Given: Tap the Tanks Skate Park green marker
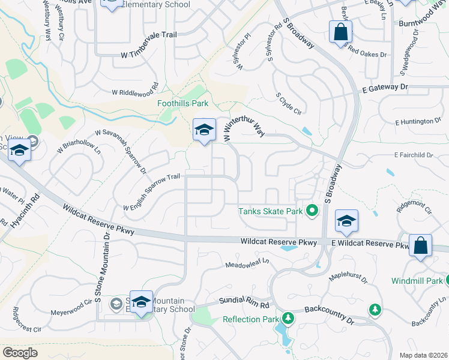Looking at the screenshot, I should tap(312, 211).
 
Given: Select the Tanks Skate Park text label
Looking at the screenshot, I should tap(270, 211).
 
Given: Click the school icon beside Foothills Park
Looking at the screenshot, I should tap(204, 130).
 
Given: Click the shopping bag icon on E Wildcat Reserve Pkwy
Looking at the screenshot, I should tap(421, 245).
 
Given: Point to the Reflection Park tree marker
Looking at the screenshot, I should tap(288, 317).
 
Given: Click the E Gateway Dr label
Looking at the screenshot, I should tap(385, 88).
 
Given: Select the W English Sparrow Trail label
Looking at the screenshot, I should tap(151, 192).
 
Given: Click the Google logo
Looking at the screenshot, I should tap(20, 352).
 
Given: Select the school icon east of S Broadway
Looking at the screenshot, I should tap(346, 221).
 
